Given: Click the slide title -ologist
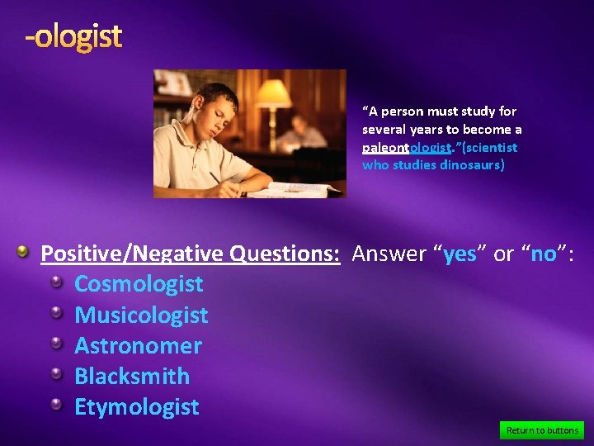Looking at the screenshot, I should click(x=73, y=36).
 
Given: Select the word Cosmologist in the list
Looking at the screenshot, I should click(x=139, y=284).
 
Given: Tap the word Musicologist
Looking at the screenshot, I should click(x=141, y=315).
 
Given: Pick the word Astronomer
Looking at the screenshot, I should click(x=138, y=345).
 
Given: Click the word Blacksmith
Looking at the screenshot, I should click(x=132, y=376).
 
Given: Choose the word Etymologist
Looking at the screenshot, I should click(x=137, y=406).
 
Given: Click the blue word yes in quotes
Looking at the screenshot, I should click(x=460, y=254).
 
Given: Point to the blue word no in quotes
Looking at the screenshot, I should click(x=544, y=254).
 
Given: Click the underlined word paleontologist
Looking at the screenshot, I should click(x=406, y=147).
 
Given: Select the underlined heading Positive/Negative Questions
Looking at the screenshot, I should click(x=191, y=254).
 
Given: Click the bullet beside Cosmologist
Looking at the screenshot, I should click(x=57, y=283).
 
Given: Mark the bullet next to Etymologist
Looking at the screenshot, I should click(x=57, y=406).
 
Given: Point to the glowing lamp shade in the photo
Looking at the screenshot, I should click(x=272, y=93).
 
